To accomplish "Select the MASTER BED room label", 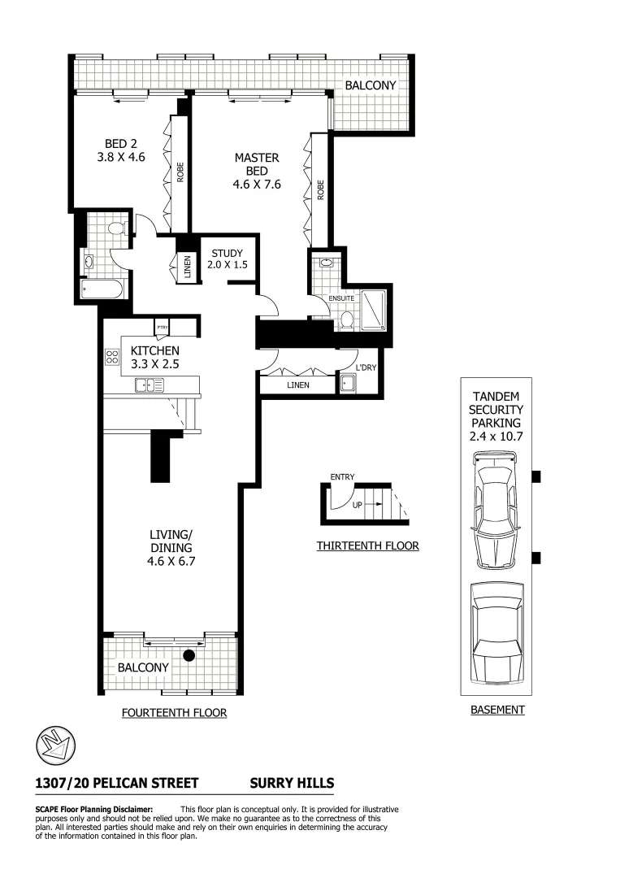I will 257,171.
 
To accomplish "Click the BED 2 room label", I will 120,151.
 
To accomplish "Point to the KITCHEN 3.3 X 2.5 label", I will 154,358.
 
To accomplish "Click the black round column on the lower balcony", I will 189,655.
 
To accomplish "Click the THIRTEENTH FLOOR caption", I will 367,545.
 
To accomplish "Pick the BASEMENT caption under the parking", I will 497,710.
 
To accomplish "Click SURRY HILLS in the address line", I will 291,783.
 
